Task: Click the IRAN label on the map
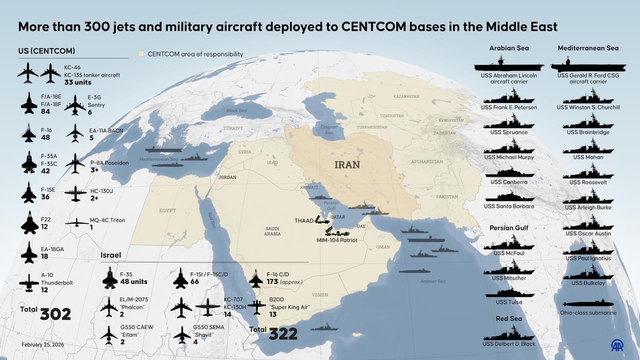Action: point(347,164)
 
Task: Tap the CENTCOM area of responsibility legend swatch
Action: point(141,54)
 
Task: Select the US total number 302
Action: point(55,314)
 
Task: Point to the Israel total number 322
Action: point(283,334)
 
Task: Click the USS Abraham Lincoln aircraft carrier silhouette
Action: point(508,65)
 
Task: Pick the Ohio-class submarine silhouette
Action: point(588,303)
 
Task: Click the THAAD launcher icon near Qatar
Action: point(321,219)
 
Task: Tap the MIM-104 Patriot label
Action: point(337,240)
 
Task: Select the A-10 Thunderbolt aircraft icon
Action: point(29,282)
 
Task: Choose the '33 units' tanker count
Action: point(77,82)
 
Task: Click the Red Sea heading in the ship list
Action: point(508,318)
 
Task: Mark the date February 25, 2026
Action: point(42,345)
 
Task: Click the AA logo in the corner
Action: point(617,345)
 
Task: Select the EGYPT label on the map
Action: point(167,210)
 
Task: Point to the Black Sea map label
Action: point(236,110)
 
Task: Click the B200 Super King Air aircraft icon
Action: point(256,306)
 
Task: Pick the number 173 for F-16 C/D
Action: point(272,282)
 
